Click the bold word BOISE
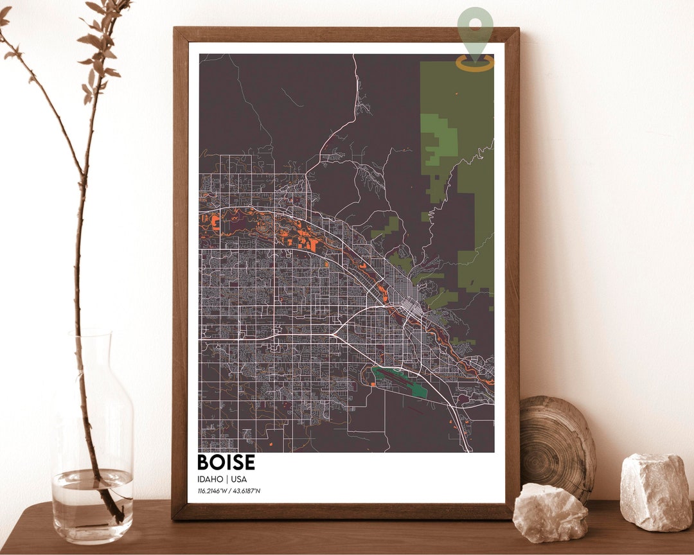226,463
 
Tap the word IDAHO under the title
210,479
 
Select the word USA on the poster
239,479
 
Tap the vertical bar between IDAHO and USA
227,479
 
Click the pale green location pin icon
476,29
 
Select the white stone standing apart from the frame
655,491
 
